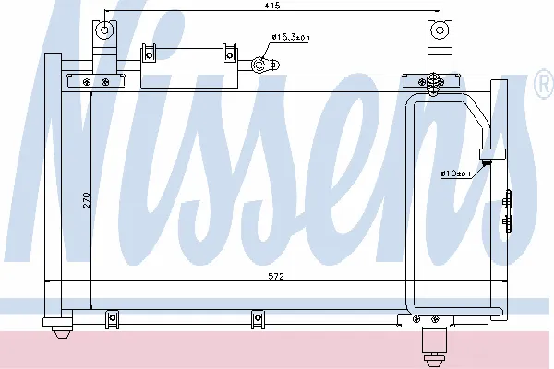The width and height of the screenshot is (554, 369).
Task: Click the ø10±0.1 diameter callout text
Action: click(455, 173)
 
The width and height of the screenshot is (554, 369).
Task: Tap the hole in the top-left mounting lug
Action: click(104, 30)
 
